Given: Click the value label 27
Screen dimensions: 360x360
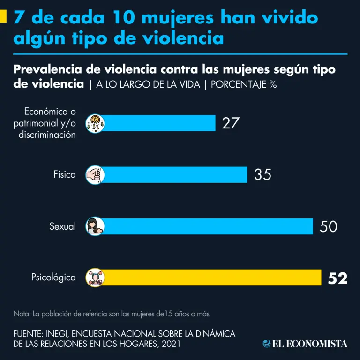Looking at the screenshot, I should click(x=231, y=123).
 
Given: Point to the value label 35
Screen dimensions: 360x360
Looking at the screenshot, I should click(x=262, y=175).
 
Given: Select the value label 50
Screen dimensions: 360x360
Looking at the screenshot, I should click(x=328, y=226).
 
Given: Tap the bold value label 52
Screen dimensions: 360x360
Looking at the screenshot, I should click(x=337, y=278).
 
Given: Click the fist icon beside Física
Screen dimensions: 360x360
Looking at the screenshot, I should click(x=95, y=174).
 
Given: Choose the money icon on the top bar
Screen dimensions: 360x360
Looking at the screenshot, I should click(x=95, y=123).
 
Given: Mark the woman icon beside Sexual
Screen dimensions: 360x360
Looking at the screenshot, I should click(x=95, y=226).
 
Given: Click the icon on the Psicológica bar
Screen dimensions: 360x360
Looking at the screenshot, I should click(x=95, y=277).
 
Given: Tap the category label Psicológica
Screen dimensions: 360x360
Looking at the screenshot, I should click(x=53, y=277).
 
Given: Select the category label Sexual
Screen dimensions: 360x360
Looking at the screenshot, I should click(x=62, y=226).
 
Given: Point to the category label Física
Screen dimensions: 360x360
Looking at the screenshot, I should click(x=64, y=175).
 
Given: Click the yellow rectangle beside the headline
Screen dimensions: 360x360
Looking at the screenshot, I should click(x=3, y=17).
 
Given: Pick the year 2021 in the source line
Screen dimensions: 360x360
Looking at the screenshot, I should click(x=170, y=344).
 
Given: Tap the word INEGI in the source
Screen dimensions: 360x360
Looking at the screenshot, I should click(x=56, y=334).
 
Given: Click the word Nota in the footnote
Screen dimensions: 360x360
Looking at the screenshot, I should click(x=21, y=313).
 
